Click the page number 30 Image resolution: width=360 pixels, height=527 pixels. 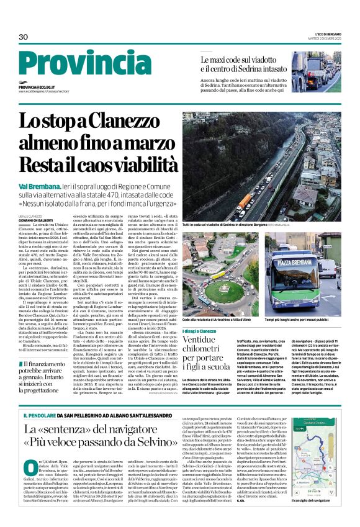coord(24,37)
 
